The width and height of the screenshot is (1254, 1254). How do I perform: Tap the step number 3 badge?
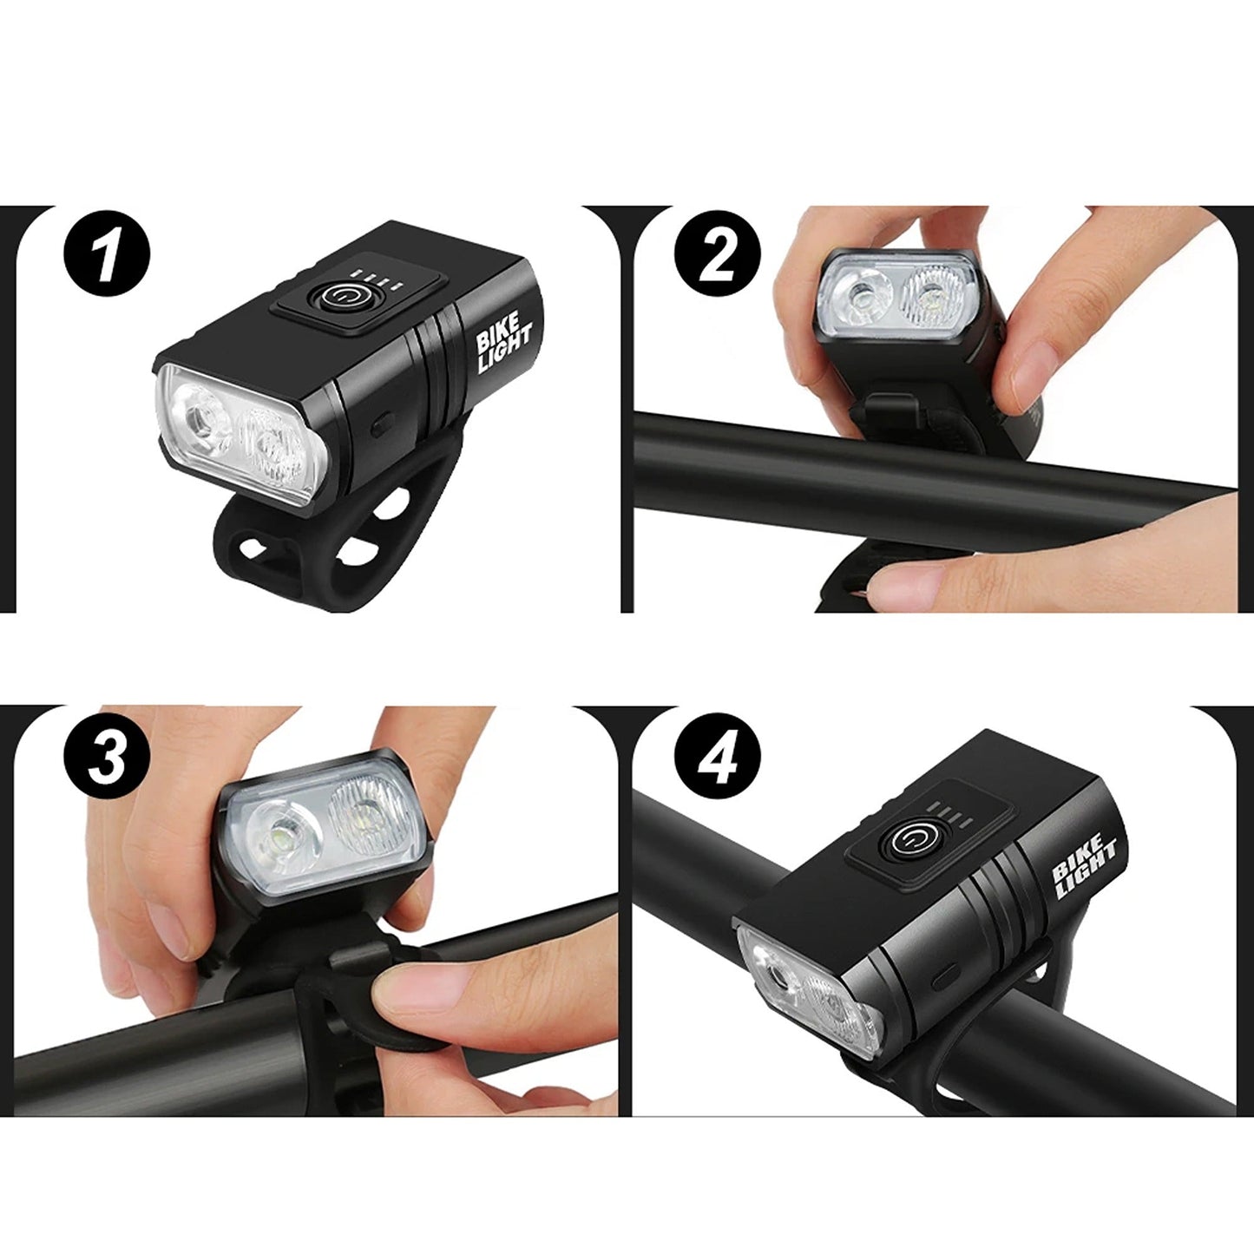point(107,756)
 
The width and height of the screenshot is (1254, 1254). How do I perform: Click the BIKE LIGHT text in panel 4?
point(1084,864)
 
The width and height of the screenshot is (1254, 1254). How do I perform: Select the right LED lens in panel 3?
point(365,812)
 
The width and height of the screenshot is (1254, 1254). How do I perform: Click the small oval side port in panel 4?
point(945,978)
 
